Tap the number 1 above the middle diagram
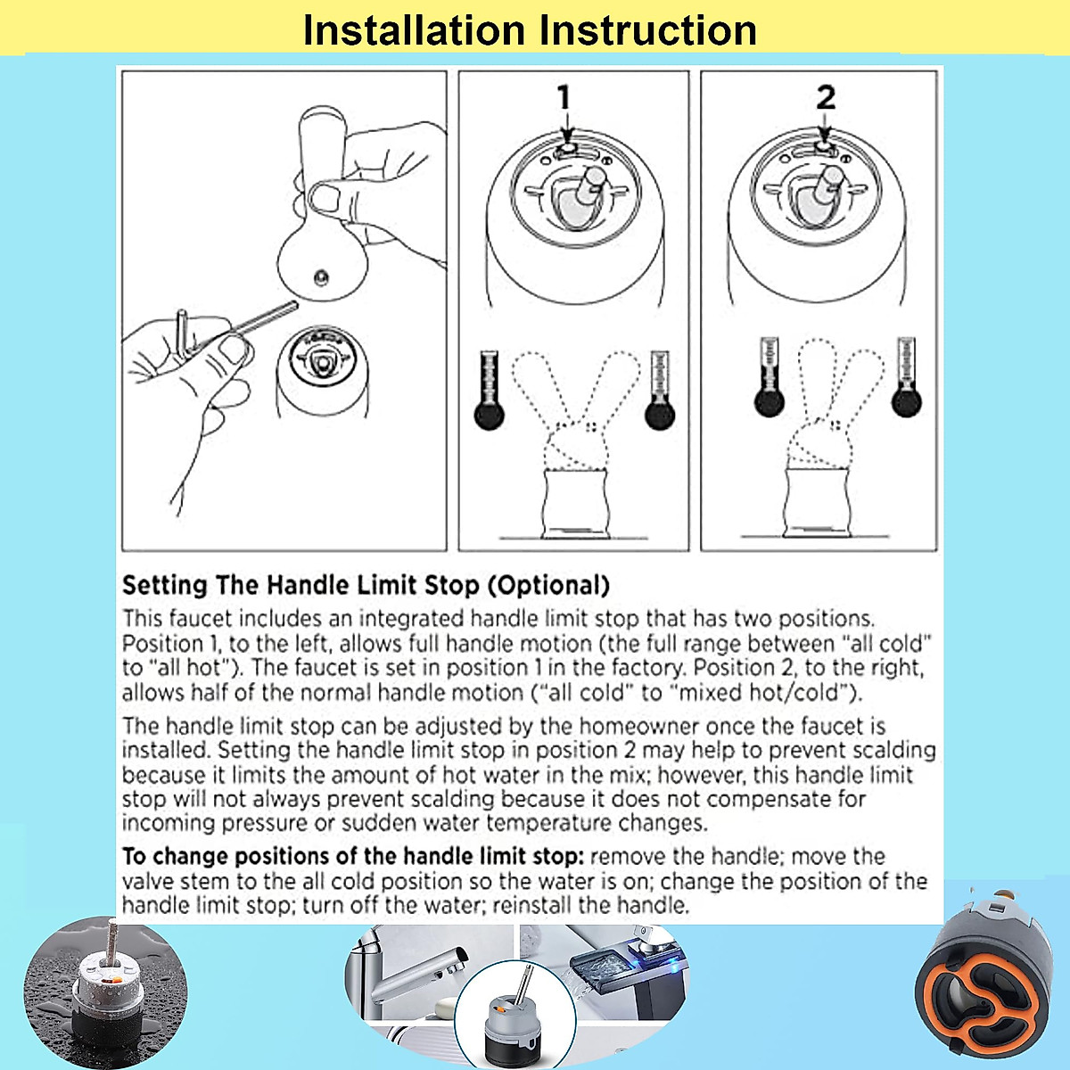564,96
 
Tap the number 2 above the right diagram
826,96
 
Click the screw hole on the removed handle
319,279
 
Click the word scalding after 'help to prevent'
883,750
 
